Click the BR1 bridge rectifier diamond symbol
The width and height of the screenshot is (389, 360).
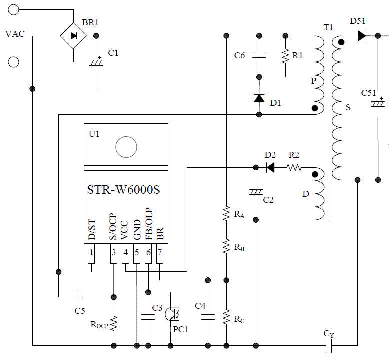(x=73, y=35)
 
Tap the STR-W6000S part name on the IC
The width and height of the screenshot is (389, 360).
(x=125, y=191)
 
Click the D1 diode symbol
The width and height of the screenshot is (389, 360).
(x=259, y=98)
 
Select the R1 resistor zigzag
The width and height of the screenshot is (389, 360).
(x=285, y=55)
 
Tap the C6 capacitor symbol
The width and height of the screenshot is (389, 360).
(x=259, y=55)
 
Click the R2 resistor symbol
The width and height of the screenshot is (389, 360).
(x=294, y=168)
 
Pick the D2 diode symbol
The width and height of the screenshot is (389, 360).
(x=270, y=168)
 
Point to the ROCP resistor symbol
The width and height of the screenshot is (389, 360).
(x=114, y=323)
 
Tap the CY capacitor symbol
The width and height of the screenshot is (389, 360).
(x=329, y=345)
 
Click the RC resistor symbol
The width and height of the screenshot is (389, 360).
(x=226, y=316)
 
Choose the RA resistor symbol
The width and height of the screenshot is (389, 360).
(x=226, y=214)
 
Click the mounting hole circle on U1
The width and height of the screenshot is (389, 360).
(x=126, y=147)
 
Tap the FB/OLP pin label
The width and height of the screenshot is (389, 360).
(x=149, y=224)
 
